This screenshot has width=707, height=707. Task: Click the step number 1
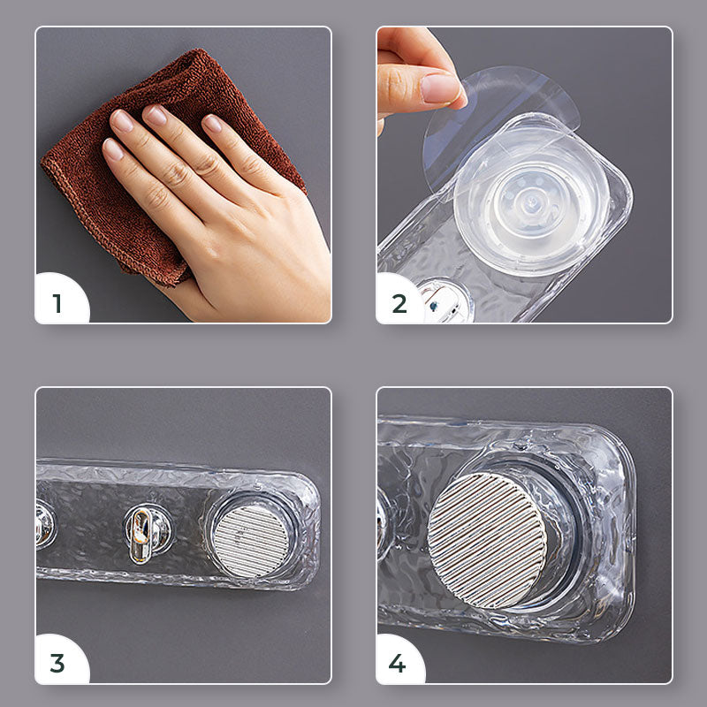(57, 303)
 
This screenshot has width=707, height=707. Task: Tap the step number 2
(399, 303)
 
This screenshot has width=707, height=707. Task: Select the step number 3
(57, 664)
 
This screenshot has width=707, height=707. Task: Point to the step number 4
(397, 664)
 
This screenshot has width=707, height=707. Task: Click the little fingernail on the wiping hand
(112, 149)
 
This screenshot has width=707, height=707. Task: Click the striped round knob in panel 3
(251, 541)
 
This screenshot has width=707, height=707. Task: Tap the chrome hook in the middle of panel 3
(143, 536)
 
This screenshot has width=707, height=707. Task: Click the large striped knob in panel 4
(487, 540)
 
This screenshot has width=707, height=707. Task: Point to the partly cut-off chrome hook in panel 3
(45, 525)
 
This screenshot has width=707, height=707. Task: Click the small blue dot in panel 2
(434, 307)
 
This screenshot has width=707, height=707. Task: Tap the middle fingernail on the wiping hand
(156, 116)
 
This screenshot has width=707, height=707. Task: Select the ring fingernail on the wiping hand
(121, 121)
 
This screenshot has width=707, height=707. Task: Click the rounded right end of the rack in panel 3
(311, 532)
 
